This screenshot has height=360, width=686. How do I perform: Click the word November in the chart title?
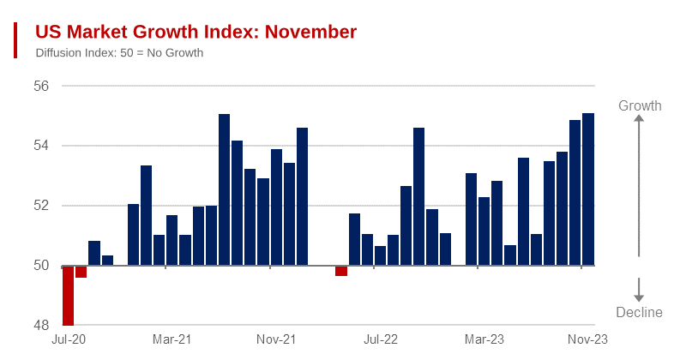(310, 32)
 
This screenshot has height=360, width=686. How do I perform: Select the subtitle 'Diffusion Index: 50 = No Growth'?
(119, 53)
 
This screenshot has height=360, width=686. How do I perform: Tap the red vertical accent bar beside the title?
(15, 40)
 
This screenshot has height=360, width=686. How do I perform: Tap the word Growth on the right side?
(640, 106)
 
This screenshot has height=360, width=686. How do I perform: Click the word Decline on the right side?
(640, 313)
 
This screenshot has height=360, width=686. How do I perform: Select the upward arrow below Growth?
(639, 184)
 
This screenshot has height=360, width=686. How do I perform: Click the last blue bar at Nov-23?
(588, 189)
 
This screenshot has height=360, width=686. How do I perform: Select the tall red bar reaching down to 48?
(68, 296)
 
